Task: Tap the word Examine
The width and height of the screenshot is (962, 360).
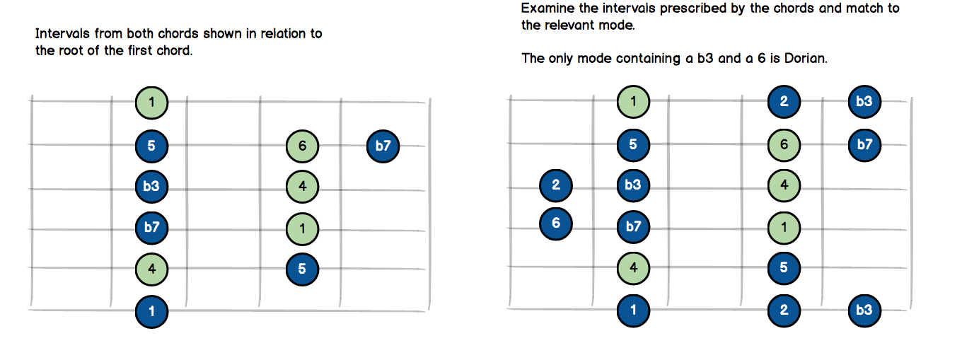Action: [546, 9]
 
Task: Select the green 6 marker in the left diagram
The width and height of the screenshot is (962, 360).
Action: [303, 146]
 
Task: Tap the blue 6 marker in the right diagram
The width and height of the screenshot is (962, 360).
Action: [556, 223]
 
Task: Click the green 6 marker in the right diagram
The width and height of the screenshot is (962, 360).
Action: [784, 145]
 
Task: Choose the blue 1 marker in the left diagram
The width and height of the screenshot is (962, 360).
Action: [152, 310]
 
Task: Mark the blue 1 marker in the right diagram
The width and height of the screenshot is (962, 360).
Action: [633, 309]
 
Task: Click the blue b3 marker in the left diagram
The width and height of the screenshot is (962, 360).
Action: [152, 187]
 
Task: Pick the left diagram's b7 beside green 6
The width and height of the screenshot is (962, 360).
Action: [383, 146]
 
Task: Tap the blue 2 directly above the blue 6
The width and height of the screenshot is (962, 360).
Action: [556, 185]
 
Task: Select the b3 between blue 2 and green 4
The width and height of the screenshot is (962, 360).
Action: [633, 185]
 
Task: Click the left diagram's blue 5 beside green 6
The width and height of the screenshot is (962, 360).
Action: [152, 146]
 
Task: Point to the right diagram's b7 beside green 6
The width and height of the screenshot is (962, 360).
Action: [864, 145]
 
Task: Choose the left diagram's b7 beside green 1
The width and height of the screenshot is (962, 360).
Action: [152, 228]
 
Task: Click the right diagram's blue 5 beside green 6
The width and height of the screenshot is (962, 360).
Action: [633, 145]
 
